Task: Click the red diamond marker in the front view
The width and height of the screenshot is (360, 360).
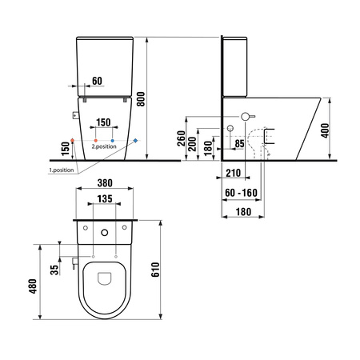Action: pyautogui.click(x=73, y=140)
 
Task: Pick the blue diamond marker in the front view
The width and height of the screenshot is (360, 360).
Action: pyautogui.click(x=136, y=140)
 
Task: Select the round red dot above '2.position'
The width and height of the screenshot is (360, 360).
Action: pyautogui.click(x=94, y=140)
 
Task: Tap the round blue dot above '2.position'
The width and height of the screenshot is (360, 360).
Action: pyautogui.click(x=113, y=140)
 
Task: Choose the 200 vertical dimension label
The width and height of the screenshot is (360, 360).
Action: pyautogui.click(x=192, y=143)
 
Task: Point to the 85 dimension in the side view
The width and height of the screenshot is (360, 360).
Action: pyautogui.click(x=238, y=144)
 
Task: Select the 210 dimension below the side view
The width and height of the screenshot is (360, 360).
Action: pyautogui.click(x=234, y=172)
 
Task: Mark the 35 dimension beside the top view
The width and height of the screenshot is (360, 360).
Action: pyautogui.click(x=54, y=270)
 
